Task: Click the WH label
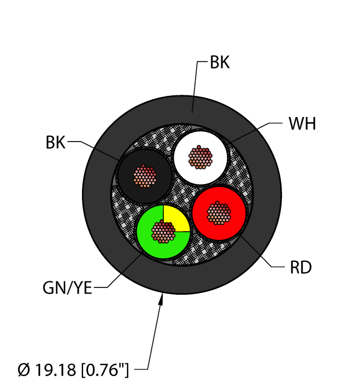(302, 124)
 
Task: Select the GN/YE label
(67, 289)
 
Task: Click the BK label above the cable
(219, 63)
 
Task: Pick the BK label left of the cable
(55, 143)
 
